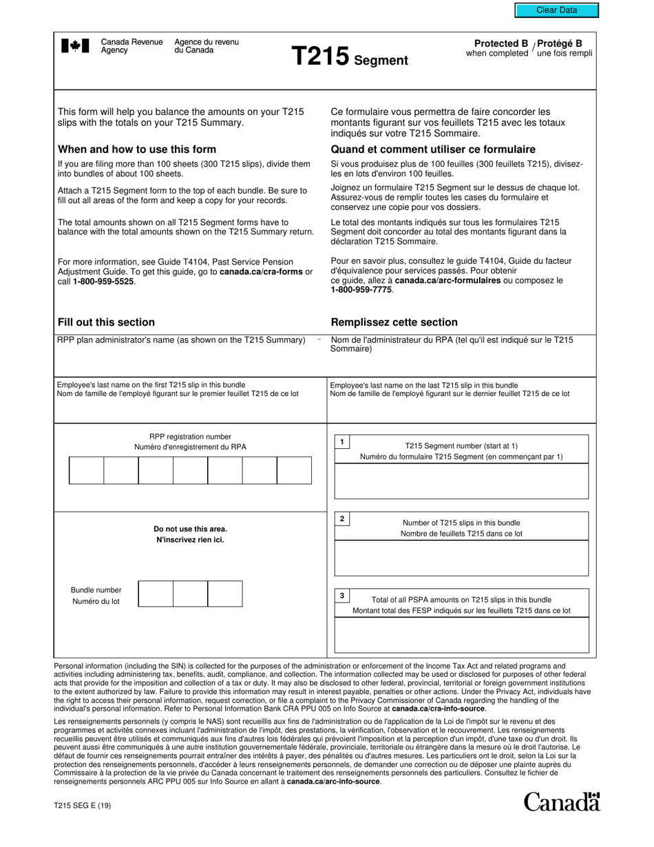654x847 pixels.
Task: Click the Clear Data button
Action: tap(557, 10)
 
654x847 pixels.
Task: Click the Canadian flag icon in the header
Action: tap(75, 46)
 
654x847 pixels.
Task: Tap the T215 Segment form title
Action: tap(350, 57)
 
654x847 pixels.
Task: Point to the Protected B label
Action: tap(496, 43)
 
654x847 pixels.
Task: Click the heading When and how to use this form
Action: tap(137, 149)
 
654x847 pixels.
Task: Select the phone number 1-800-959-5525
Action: tap(104, 282)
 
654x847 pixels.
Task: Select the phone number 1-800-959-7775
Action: tap(361, 290)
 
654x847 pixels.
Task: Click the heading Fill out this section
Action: tap(106, 322)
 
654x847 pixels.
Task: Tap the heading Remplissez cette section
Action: tap(394, 322)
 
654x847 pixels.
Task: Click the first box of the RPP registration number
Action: tap(87, 470)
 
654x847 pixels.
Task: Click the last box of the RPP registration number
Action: tap(294, 470)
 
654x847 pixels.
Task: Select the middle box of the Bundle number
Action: tap(190, 594)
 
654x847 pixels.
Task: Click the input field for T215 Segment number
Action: tap(461, 481)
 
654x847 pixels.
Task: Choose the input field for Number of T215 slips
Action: tap(461, 558)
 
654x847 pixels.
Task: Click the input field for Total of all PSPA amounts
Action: tap(461, 635)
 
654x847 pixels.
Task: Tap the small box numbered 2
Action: tap(342, 519)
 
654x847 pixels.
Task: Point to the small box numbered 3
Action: tap(342, 596)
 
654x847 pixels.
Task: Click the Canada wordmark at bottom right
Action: tap(562, 802)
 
